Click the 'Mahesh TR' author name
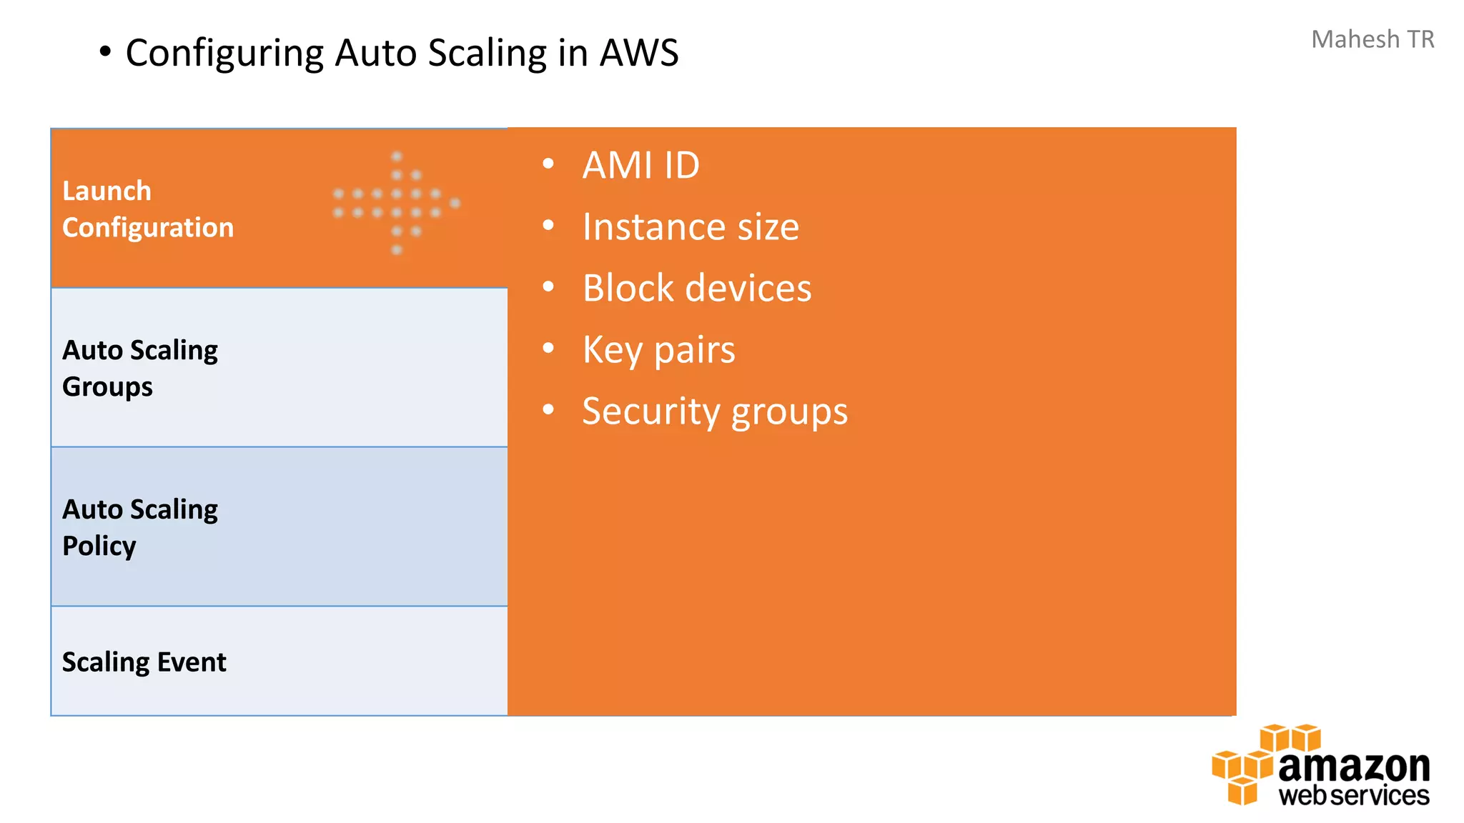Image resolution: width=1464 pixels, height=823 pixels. [x=1372, y=39]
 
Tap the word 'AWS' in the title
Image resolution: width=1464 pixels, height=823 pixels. [x=638, y=53]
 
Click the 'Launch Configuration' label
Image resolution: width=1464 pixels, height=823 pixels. [x=147, y=209]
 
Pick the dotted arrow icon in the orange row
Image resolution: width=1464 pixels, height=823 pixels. [x=397, y=203]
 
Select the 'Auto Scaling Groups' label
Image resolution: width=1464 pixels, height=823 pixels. [x=140, y=368]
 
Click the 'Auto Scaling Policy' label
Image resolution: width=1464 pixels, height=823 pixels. [x=140, y=527]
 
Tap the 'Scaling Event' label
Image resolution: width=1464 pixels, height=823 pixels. [x=144, y=662]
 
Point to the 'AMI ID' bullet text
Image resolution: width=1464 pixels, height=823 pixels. [x=640, y=166]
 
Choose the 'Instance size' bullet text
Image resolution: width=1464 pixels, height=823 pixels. [x=691, y=227]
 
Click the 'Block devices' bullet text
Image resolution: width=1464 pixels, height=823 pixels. [x=697, y=289]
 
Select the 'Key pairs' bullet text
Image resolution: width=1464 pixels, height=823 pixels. [x=658, y=350]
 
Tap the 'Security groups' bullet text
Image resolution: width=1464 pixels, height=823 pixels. [x=715, y=411]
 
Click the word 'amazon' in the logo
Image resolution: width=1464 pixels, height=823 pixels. [x=1354, y=767]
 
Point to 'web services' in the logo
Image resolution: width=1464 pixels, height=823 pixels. [x=1354, y=795]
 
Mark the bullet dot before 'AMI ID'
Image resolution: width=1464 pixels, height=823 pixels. [x=548, y=164]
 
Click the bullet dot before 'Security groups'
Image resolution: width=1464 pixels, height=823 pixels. [x=548, y=410]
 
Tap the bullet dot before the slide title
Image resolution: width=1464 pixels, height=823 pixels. [x=106, y=51]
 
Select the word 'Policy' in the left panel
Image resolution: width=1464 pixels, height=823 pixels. [x=99, y=546]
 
